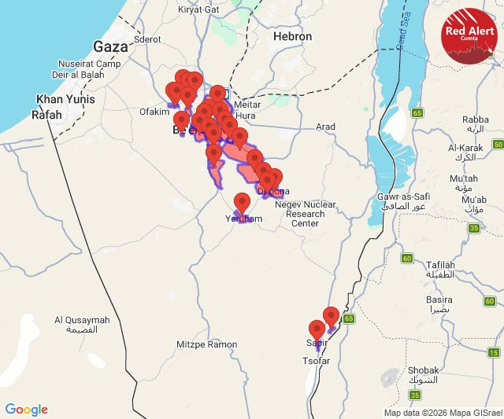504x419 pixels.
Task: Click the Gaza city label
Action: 110,46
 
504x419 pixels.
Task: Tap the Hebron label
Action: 292,36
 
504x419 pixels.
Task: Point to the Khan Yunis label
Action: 66,100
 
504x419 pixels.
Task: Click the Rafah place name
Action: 46,114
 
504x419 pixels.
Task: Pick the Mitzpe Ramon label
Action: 206,344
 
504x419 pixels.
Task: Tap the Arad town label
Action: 325,127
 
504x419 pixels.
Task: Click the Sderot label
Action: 148,39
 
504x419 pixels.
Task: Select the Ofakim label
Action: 154,112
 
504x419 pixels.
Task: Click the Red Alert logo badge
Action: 470,35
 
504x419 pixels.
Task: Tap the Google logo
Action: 26,410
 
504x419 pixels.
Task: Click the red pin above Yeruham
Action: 243,203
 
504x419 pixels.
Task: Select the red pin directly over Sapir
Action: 317,330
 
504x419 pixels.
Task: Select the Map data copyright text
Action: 442,413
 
